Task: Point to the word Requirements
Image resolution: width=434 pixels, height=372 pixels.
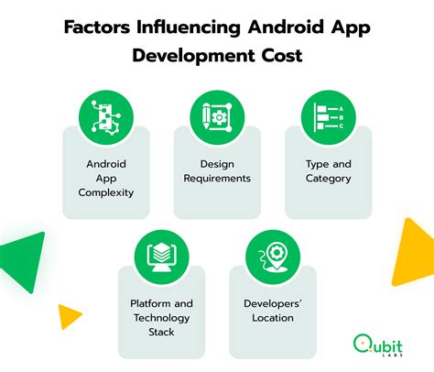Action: pyautogui.click(x=218, y=179)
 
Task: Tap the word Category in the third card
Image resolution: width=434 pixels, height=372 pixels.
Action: pyautogui.click(x=328, y=179)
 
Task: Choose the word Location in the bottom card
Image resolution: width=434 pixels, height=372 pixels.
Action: pyautogui.click(x=269, y=318)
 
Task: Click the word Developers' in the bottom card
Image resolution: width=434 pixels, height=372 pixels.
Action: pyautogui.click(x=269, y=303)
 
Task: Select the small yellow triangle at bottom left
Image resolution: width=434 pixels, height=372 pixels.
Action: pyautogui.click(x=69, y=315)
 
